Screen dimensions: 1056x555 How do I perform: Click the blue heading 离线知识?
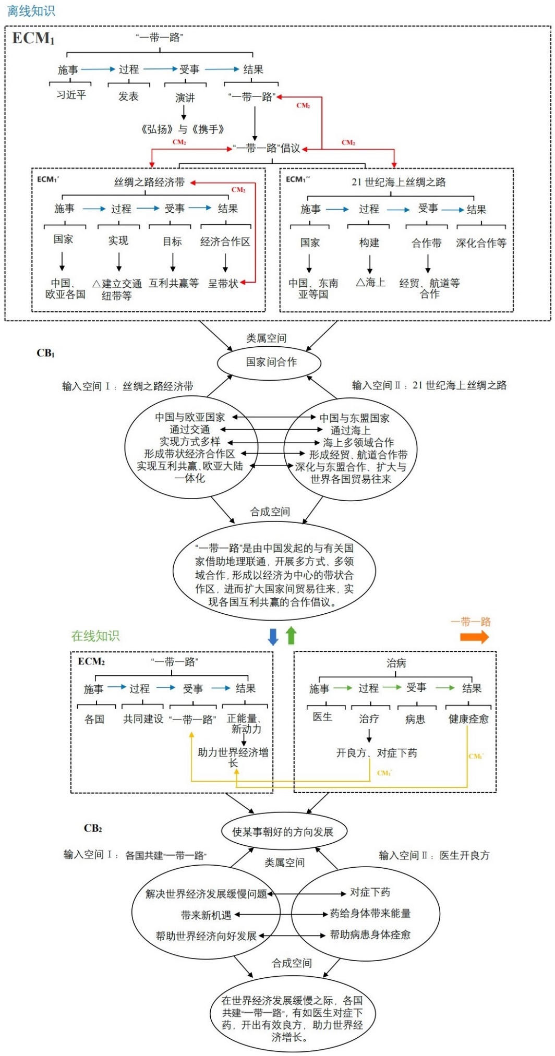[x=31, y=11]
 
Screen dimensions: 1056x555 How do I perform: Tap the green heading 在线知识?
[x=95, y=636]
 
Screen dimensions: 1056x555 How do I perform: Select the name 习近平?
[x=71, y=95]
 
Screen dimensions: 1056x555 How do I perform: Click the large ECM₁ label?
[x=33, y=39]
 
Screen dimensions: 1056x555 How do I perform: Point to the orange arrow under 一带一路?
[x=474, y=637]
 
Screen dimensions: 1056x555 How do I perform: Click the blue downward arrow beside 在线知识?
[x=273, y=637]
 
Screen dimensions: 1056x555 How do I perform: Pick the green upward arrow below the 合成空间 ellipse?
[x=291, y=635]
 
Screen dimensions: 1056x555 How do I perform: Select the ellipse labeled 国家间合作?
[x=269, y=362]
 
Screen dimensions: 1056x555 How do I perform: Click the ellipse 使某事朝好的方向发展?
[x=283, y=832]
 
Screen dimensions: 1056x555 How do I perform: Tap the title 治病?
[x=396, y=663]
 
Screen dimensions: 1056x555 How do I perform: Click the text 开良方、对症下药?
[x=376, y=753]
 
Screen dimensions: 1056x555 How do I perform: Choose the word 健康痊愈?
[x=468, y=719]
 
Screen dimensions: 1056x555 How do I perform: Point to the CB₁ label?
[x=45, y=353]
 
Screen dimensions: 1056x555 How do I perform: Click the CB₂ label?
[x=93, y=828]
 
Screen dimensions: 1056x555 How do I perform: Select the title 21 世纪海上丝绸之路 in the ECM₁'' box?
[x=398, y=182]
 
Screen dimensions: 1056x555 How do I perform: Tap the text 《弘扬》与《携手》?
[x=183, y=129]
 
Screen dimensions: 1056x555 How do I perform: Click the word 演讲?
[x=185, y=98]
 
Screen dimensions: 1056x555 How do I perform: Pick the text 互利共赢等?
[x=174, y=283]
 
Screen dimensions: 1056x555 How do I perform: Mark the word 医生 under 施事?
[x=322, y=717]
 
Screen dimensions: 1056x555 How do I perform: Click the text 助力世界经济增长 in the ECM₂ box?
[x=233, y=757]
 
